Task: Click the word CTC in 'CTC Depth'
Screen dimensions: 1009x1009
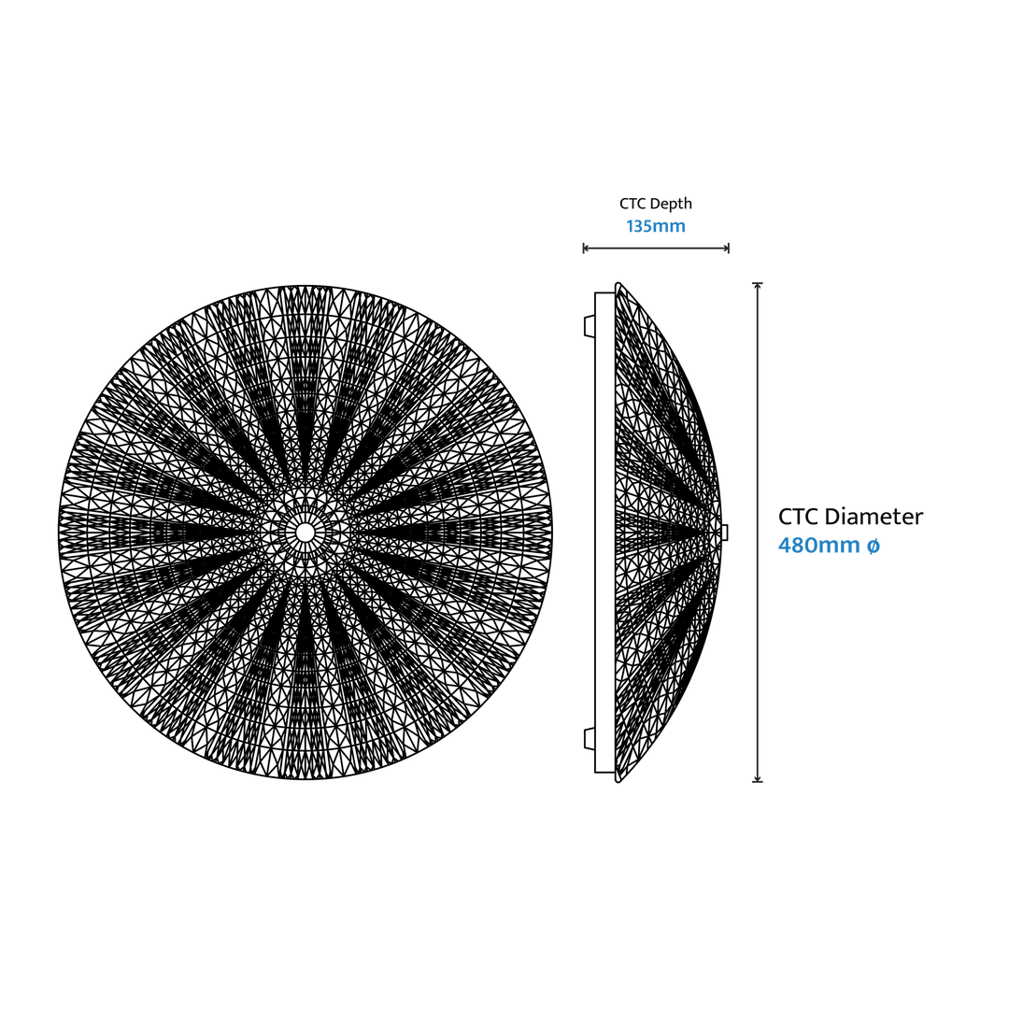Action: pos(632,204)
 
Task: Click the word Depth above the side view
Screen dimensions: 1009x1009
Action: pos(670,205)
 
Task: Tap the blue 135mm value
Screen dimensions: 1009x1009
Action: pos(656,226)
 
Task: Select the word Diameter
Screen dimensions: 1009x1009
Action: pos(874,517)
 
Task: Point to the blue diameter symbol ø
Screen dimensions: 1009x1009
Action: pos(874,547)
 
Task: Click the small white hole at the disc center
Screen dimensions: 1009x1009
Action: pos(305,533)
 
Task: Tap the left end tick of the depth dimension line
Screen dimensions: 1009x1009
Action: pos(584,248)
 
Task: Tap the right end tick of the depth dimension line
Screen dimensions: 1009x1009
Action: pos(729,248)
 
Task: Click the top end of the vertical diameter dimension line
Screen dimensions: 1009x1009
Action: pos(758,283)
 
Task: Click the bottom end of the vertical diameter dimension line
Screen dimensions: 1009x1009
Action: pos(758,781)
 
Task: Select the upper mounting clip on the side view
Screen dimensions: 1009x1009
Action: pos(589,326)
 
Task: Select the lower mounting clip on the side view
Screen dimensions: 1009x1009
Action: pos(589,739)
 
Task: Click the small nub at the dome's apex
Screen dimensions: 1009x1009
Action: pos(725,533)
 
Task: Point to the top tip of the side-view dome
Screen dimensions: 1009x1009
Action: pos(618,284)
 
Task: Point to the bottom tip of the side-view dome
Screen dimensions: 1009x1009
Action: pos(618,780)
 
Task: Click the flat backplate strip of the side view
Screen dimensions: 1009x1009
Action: pos(604,533)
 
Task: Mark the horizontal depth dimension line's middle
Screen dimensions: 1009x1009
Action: pos(656,248)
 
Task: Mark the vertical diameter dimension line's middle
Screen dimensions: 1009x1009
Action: pos(758,533)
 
